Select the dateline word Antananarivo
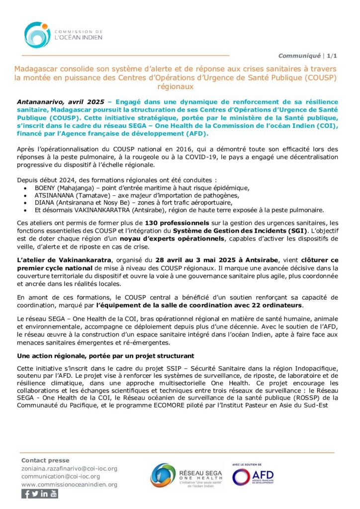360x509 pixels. pos(42,101)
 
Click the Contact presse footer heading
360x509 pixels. pos(45,460)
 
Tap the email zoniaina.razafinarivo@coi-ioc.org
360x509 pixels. pos(69,468)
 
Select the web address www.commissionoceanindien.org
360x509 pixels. pos(69,484)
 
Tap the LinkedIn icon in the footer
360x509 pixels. pos(44,494)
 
